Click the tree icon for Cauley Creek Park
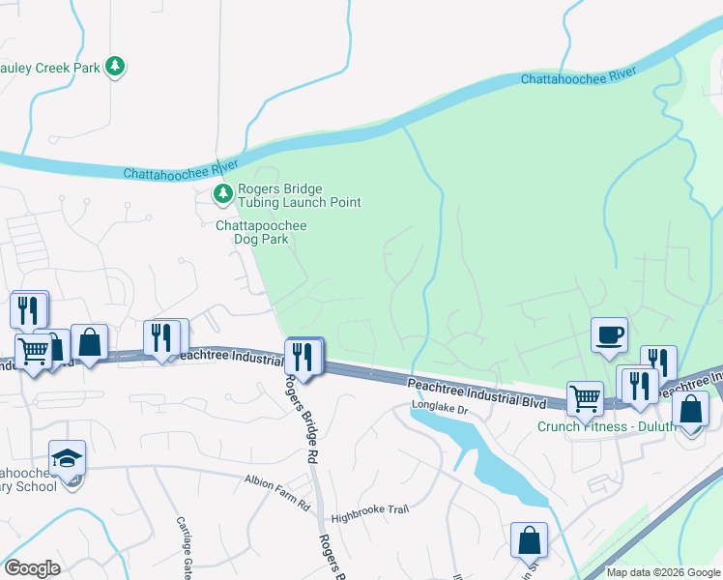point(115,66)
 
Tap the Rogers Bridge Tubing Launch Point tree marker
point(223,194)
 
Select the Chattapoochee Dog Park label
point(261,232)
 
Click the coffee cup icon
point(609,334)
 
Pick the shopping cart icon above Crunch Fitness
point(585,396)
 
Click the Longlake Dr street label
point(439,410)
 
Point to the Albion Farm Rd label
point(276,507)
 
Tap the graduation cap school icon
point(68,457)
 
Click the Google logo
point(32,568)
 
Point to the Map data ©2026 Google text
point(663,572)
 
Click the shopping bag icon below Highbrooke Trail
point(529,539)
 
